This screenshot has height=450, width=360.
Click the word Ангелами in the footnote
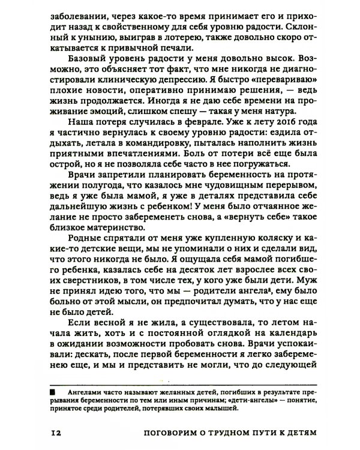tap(82, 393)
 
